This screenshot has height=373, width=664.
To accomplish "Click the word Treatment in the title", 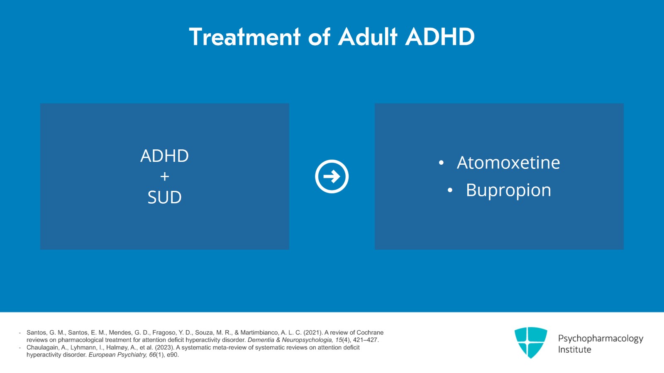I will pos(244,37).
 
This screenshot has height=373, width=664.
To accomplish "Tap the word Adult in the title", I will pos(368,37).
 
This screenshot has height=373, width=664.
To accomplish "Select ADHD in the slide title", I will pos(440,37).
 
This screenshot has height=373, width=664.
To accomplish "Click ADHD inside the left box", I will pos(164,156).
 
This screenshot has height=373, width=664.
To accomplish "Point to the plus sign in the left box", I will pos(164,177).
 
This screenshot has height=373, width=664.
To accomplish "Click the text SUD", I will pos(164,197).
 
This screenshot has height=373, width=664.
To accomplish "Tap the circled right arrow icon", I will pos(332,176).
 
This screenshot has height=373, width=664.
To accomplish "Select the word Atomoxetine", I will pos(508,163).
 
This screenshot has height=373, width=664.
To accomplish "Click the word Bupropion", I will pos(508,190).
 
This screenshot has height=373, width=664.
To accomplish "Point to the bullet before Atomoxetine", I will pos(441,163).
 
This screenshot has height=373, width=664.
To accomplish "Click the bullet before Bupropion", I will pos(450,191).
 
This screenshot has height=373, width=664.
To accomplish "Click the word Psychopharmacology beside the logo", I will pos(600,339).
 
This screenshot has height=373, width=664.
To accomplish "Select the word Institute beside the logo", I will pos(574,350).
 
